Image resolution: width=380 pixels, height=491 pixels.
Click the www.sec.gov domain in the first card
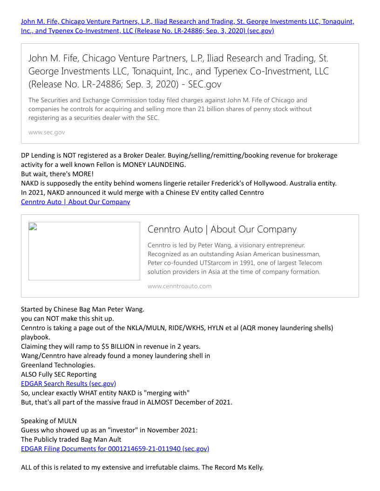47,133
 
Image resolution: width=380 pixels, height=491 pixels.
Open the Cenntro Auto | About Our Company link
75,202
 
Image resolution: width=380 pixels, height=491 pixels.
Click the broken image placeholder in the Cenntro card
84,251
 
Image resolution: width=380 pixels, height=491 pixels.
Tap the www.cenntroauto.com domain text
179,286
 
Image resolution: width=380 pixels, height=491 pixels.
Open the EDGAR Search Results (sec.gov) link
68,384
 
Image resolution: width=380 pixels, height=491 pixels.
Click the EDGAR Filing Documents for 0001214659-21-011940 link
115,449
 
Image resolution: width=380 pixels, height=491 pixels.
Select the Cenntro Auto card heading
222,229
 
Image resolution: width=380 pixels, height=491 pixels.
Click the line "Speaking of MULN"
49,421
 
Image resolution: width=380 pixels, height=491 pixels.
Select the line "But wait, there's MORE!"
57,174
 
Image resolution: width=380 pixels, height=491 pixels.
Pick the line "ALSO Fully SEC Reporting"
59,374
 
